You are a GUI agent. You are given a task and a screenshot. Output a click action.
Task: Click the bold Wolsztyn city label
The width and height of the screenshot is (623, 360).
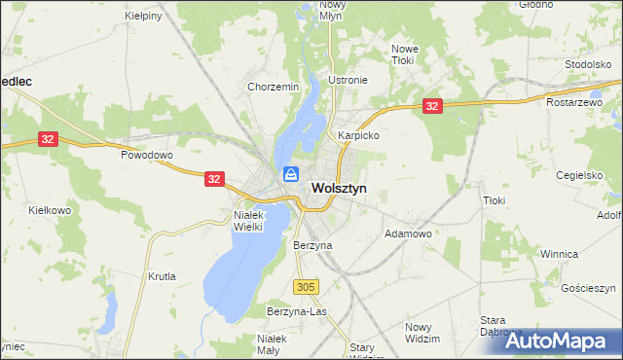pos(339,189)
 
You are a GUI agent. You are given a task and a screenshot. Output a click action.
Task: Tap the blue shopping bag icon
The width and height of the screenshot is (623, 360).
pos(291,175)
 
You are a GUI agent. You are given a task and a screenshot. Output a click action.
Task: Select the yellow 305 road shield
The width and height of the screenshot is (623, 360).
pos(305,286)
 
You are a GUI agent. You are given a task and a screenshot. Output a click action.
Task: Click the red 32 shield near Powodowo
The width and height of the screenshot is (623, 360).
pos(50,140)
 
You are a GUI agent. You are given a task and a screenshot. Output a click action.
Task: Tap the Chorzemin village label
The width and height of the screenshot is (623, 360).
pos(273,87)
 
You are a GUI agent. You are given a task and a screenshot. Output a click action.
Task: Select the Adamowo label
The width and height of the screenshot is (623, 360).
pos(408,234)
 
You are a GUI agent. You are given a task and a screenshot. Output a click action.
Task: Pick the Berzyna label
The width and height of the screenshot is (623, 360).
pos(312,246)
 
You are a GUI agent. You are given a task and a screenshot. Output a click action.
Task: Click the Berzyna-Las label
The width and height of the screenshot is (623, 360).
pos(296,311)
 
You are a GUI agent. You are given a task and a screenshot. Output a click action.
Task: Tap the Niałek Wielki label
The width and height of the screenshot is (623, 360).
pos(256,220)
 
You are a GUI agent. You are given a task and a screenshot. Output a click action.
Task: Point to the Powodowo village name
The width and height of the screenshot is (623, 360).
pos(146,155)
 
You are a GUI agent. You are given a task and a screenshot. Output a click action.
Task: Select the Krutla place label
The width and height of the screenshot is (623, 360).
pos(162,276)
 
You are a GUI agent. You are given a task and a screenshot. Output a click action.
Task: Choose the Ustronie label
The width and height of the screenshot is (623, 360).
pos(348,80)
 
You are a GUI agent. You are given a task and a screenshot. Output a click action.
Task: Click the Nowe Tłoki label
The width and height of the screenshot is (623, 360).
pos(404,54)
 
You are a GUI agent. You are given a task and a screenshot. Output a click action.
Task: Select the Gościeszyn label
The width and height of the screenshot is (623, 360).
pos(589,289)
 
